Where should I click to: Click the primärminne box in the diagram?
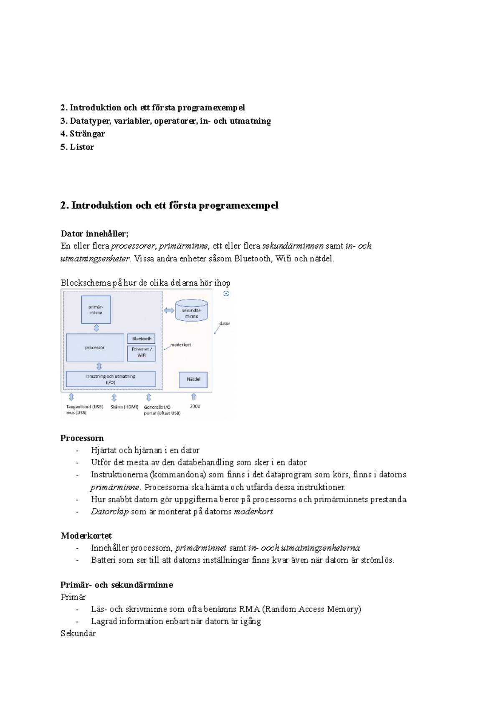[96, 309]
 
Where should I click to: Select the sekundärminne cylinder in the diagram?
[192, 311]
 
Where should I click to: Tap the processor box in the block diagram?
[95, 347]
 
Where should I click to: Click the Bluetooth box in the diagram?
[142, 339]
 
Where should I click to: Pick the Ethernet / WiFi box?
[142, 352]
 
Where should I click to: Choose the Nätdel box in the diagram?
[193, 379]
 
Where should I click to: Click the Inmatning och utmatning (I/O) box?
[111, 379]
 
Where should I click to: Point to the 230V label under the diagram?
[195, 406]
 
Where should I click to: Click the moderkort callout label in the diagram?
[181, 345]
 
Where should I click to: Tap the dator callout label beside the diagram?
[225, 324]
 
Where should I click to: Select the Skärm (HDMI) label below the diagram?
[124, 407]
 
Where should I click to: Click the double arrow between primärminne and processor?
[96, 328]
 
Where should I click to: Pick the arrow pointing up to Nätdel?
[193, 396]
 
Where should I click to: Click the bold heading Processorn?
[82, 438]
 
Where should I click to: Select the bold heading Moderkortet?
[86, 536]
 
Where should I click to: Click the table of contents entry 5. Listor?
[77, 147]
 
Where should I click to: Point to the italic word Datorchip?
[110, 511]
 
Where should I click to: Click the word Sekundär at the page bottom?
[78, 633]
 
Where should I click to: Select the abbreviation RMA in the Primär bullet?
[249, 609]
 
